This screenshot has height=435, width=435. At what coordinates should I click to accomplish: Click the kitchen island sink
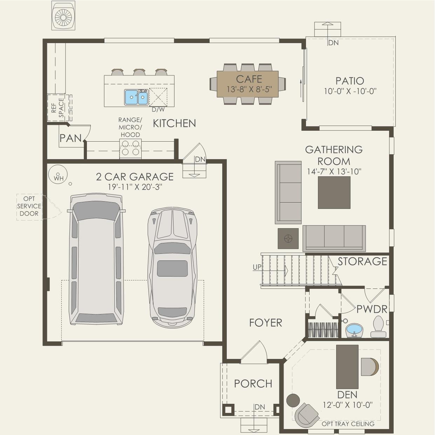(136, 97)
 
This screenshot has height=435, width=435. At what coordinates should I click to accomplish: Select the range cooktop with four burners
(130, 149)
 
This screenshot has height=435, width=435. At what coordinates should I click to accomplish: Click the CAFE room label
(249, 79)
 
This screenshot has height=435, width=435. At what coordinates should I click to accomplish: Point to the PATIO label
(350, 81)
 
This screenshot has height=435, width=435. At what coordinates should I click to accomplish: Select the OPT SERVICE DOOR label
(29, 206)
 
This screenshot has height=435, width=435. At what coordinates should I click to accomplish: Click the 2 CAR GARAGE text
(135, 177)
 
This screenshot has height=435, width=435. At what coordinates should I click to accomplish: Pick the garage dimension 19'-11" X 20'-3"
(135, 187)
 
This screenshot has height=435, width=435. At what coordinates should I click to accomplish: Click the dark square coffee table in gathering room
(334, 192)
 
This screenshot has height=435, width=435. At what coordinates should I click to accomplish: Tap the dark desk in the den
(347, 367)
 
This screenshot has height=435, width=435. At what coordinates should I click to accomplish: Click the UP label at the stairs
(257, 267)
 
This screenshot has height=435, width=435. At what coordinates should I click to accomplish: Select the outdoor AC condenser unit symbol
(63, 15)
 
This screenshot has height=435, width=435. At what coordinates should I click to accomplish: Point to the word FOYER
(266, 323)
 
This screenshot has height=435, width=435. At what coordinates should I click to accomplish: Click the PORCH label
(253, 383)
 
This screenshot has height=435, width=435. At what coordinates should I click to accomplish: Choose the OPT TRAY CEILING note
(348, 424)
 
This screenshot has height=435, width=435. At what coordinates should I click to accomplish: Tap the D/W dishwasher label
(158, 110)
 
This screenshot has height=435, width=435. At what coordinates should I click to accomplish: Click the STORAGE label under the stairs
(362, 261)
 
